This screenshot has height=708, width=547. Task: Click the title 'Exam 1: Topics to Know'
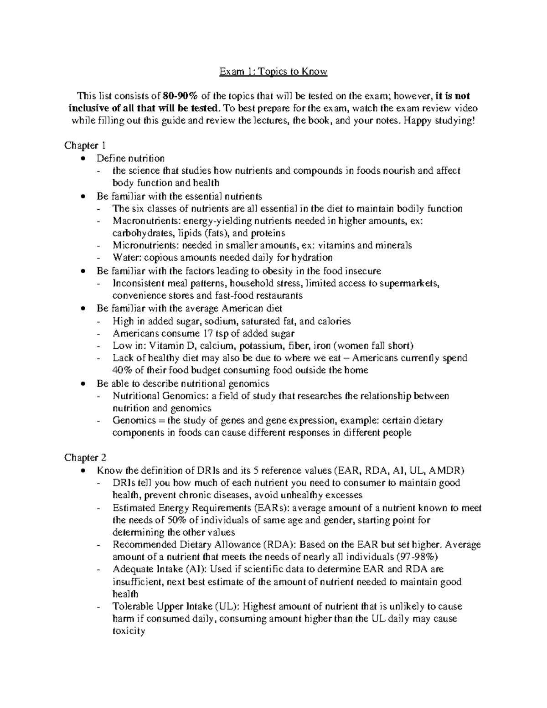[x=273, y=72]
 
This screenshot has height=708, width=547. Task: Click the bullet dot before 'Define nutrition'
[x=82, y=159]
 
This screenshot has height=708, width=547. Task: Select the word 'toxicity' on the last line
[x=129, y=631]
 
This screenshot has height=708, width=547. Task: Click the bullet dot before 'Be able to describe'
[x=82, y=384]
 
